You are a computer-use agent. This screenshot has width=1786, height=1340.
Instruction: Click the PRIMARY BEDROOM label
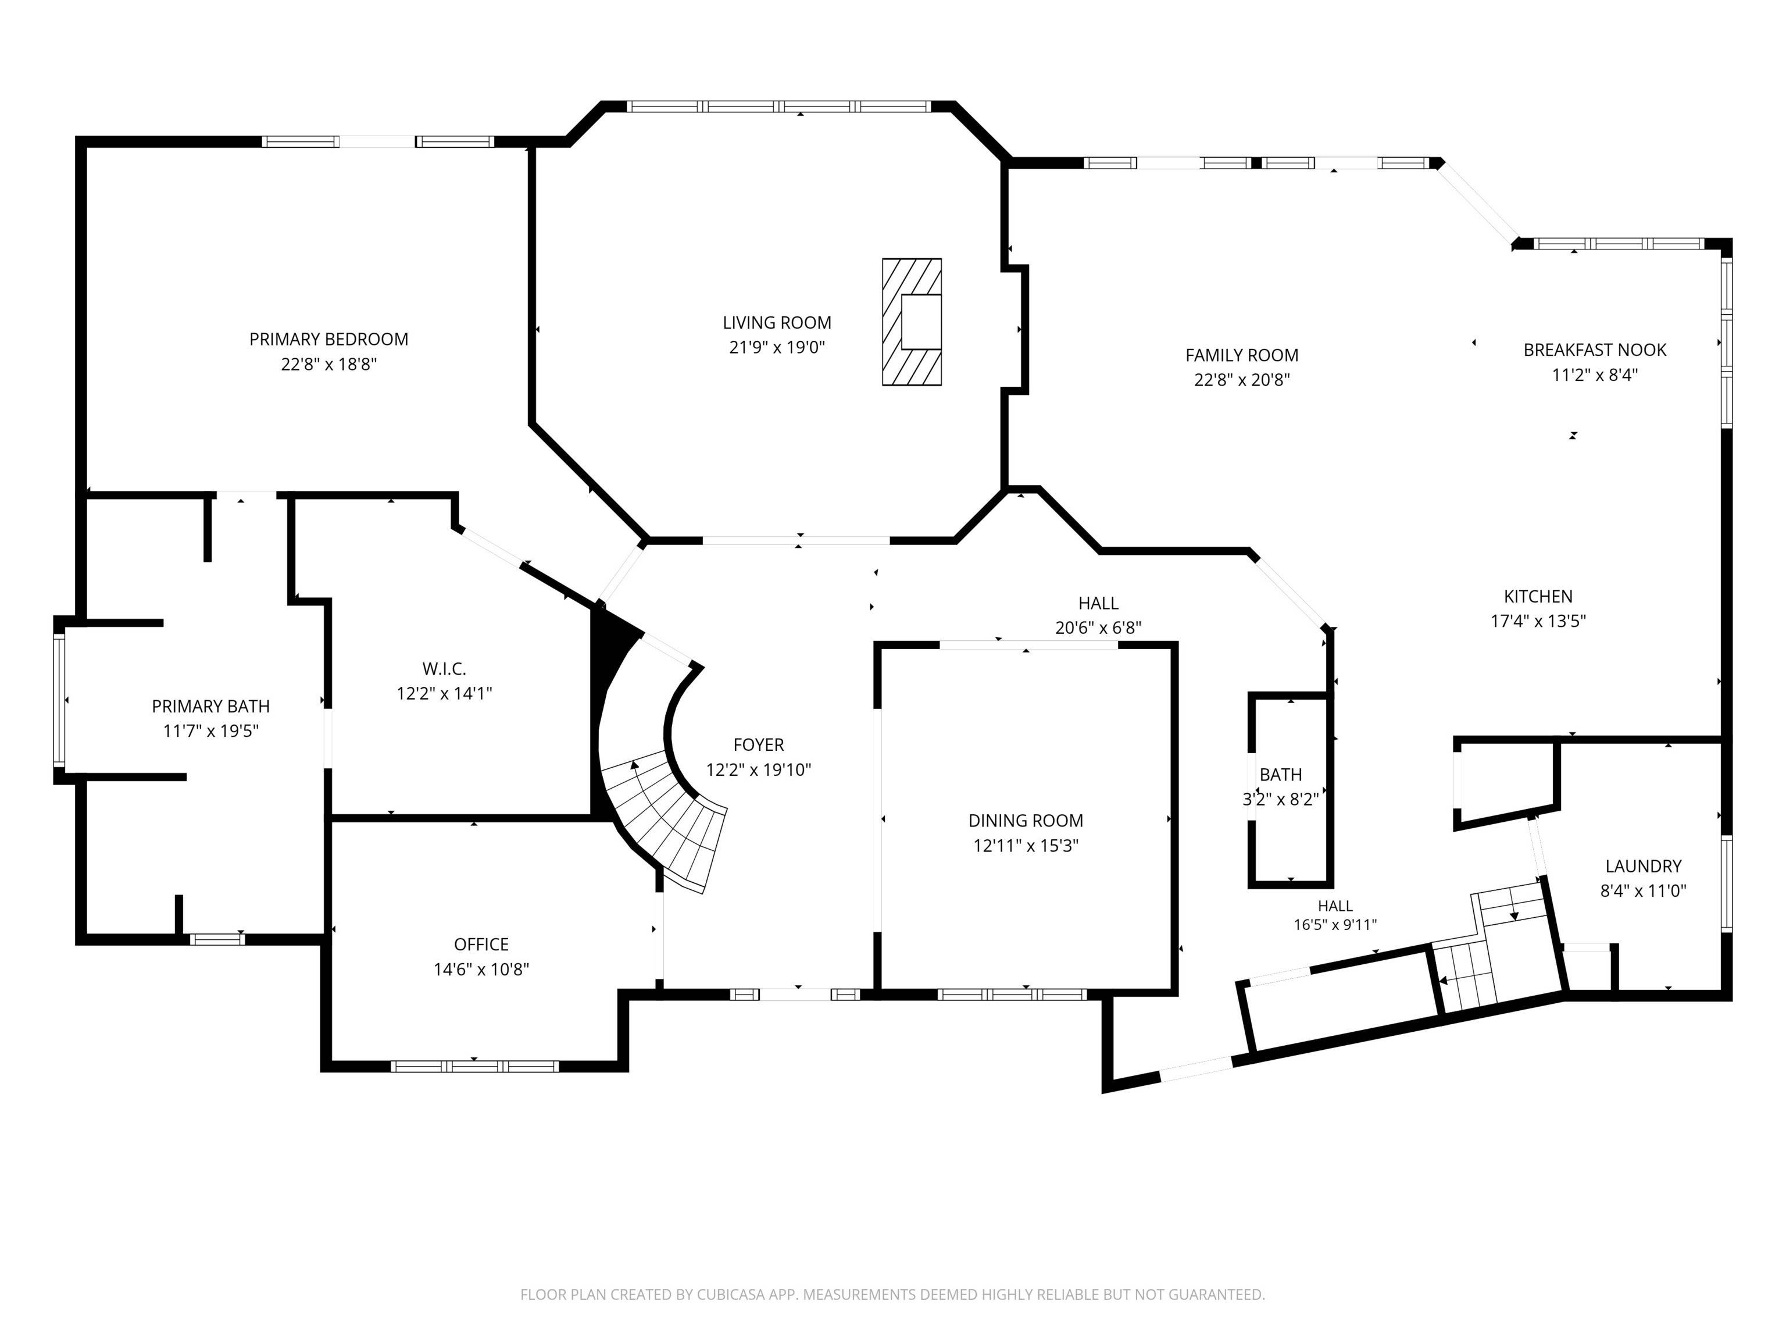click(328, 339)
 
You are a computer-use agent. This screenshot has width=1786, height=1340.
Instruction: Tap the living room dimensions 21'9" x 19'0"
click(777, 347)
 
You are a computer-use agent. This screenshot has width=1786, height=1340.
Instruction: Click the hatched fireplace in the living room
click(912, 322)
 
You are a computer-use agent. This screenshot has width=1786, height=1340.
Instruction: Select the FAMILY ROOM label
click(1242, 355)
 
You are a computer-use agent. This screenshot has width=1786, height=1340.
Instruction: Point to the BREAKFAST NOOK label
click(1595, 350)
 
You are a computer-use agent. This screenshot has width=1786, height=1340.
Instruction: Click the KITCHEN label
click(1538, 596)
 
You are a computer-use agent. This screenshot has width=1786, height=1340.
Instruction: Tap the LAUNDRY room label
click(1643, 866)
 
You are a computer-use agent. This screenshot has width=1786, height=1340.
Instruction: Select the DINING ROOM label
click(1026, 821)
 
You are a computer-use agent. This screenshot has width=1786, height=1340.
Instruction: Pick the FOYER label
click(758, 744)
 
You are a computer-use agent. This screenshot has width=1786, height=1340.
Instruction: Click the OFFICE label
click(481, 944)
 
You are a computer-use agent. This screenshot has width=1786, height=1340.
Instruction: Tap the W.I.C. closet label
click(444, 669)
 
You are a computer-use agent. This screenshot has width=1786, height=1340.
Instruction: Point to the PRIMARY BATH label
click(210, 706)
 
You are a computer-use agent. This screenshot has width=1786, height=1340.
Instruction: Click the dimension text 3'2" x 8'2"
click(1281, 800)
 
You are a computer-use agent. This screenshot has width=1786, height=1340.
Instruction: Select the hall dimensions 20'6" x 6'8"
click(1098, 628)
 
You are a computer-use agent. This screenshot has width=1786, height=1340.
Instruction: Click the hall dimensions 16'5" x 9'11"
click(1335, 925)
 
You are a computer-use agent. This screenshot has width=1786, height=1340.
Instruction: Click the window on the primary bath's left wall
click(59, 700)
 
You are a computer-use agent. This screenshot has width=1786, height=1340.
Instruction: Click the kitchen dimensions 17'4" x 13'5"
click(1538, 621)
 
